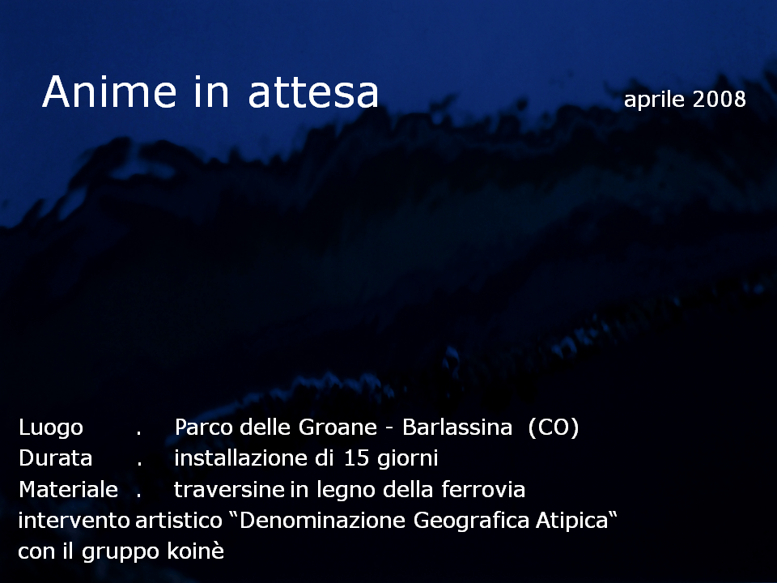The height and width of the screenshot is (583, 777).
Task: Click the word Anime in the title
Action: pos(109,91)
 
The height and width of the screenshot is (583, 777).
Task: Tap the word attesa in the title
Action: pos(313,92)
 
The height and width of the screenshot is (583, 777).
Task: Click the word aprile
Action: pos(654,100)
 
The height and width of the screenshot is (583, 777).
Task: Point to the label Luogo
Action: pos(50,428)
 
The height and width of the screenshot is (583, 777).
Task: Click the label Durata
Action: pos(56,458)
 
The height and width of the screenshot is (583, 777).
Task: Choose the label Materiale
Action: pos(68,489)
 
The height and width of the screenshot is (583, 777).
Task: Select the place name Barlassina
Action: pos(456,428)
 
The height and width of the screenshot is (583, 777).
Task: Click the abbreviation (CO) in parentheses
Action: pos(554,428)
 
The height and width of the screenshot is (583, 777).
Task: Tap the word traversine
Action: pos(229,490)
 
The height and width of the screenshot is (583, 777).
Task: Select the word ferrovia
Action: pos(483,489)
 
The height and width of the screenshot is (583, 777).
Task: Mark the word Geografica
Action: pos(471,521)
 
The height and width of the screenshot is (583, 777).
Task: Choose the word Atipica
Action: pos(572,521)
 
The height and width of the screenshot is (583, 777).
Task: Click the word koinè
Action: pos(195,551)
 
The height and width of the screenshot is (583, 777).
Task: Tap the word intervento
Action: pos(74,521)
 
